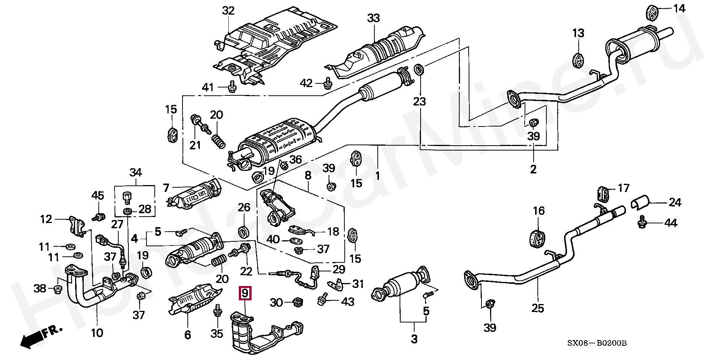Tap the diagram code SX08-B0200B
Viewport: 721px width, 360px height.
click(x=597, y=343)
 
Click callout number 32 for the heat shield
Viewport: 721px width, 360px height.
click(x=228, y=11)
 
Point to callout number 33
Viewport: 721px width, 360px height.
click(x=373, y=18)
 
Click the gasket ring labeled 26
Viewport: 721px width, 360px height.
click(x=244, y=231)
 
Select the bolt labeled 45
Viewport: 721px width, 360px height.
click(x=100, y=217)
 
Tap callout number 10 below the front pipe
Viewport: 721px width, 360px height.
click(x=97, y=332)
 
